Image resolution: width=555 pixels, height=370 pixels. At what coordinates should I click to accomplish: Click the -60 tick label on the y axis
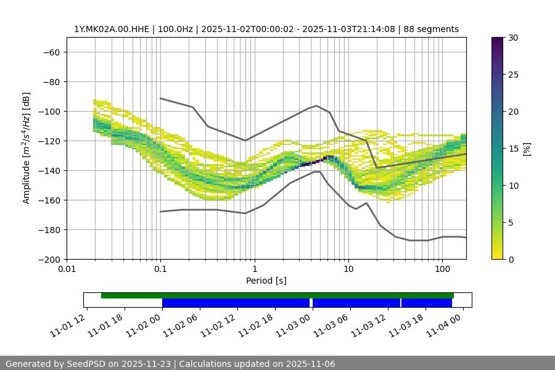51,52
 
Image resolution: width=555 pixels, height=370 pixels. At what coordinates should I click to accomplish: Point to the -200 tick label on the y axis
48,259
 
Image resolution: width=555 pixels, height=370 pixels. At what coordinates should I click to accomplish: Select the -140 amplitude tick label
48,170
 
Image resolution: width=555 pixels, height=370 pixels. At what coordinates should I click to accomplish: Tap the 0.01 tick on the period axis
67,269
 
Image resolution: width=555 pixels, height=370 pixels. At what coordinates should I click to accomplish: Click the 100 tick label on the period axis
442,269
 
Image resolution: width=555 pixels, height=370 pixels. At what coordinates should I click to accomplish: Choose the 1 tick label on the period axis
254,269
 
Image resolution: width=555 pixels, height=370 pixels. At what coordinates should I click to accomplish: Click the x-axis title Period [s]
266,281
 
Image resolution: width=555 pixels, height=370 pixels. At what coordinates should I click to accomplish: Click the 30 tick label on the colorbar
513,38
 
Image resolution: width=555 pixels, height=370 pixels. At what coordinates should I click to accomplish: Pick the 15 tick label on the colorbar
513,148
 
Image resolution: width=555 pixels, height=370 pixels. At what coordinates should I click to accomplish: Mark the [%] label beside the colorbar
527,148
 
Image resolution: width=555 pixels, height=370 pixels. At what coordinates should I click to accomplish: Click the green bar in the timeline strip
277,295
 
